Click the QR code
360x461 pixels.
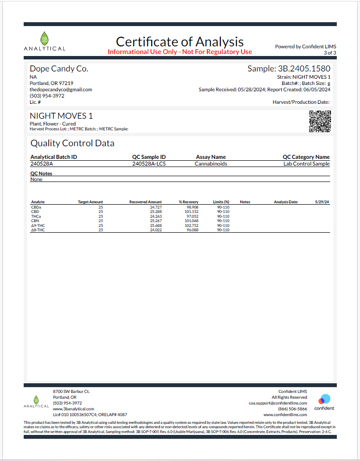[320, 121]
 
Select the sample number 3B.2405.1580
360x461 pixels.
[289, 69]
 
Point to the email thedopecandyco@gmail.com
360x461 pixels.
[61, 89]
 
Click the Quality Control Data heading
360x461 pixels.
[72, 143]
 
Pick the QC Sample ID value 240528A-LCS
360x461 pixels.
[149, 164]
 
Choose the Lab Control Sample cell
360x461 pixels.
[306, 164]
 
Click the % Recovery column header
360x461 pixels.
[189, 202]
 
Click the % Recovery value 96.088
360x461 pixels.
[192, 230]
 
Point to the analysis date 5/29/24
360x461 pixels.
[322, 202]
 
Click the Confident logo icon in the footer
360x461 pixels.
[324, 399]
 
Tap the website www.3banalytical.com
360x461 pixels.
[67, 409]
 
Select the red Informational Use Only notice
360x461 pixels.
[180, 52]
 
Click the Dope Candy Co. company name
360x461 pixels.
[59, 69]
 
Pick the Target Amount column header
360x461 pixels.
[90, 202]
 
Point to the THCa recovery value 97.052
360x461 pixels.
[192, 216]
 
